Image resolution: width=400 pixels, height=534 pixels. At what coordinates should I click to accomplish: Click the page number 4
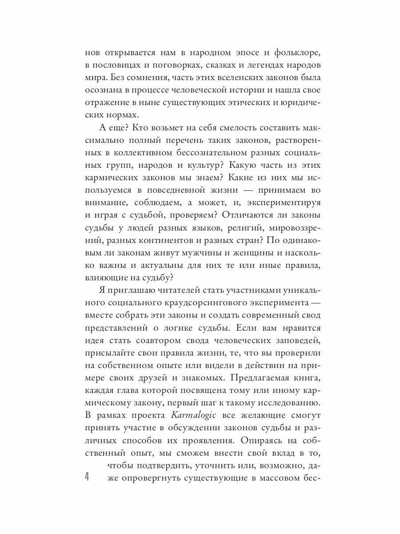(x=87, y=477)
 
